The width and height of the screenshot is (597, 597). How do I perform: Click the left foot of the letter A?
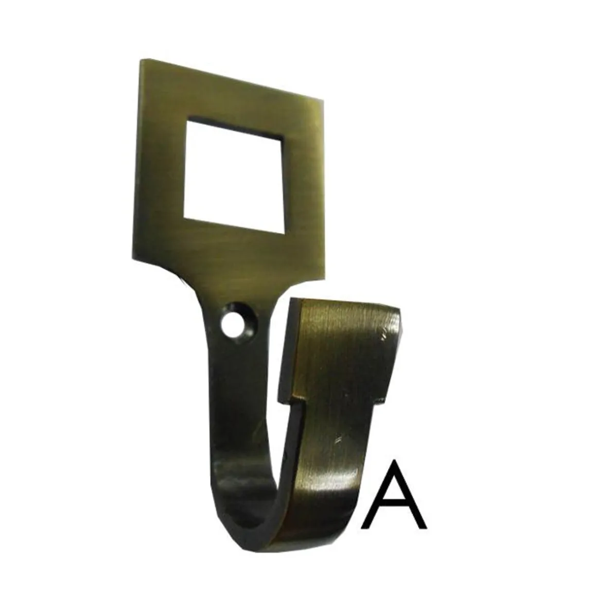tap(364, 528)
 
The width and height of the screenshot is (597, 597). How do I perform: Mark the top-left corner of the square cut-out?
tap(186, 120)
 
